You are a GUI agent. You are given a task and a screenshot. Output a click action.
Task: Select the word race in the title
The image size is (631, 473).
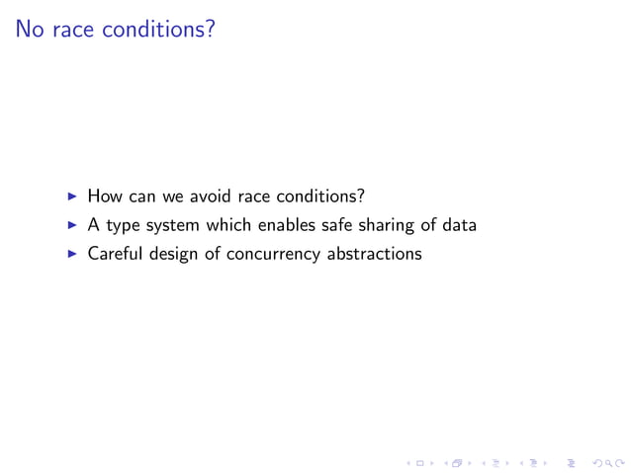click(x=73, y=31)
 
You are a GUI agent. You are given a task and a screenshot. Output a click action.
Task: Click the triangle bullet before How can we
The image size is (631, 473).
click(x=72, y=196)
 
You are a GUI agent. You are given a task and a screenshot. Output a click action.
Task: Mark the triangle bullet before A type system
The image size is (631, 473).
click(x=72, y=225)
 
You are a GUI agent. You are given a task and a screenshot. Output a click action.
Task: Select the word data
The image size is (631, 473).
click(x=460, y=225)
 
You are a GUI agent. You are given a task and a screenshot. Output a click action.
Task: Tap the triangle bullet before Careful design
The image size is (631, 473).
click(x=72, y=254)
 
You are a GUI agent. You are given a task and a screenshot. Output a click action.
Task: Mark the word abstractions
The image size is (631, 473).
click(x=374, y=254)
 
